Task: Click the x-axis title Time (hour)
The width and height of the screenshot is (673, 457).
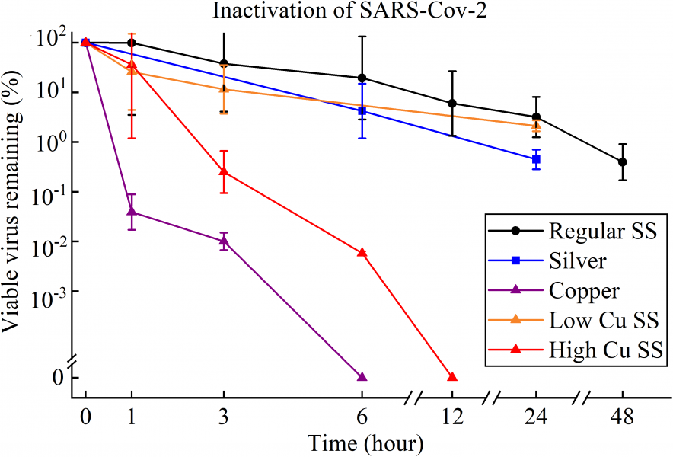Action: coord(365,443)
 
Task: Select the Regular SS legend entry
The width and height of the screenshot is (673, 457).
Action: coord(602,230)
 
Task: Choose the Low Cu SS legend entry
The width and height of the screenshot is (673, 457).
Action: coord(601,320)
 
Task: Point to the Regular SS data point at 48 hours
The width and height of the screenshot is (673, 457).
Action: coord(623,161)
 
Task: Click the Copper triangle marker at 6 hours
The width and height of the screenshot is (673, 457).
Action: coord(362,377)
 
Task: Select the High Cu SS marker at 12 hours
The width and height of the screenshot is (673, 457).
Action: coord(452,377)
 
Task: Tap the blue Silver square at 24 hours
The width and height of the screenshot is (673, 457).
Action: coord(537,159)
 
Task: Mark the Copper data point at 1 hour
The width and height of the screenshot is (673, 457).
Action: coord(132,211)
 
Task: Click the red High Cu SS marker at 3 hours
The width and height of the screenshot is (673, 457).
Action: coord(224,171)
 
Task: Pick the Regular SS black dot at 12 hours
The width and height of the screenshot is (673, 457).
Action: coord(453,103)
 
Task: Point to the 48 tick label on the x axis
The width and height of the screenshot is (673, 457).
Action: coord(623,417)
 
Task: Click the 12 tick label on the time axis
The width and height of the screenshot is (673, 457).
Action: coord(452,417)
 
